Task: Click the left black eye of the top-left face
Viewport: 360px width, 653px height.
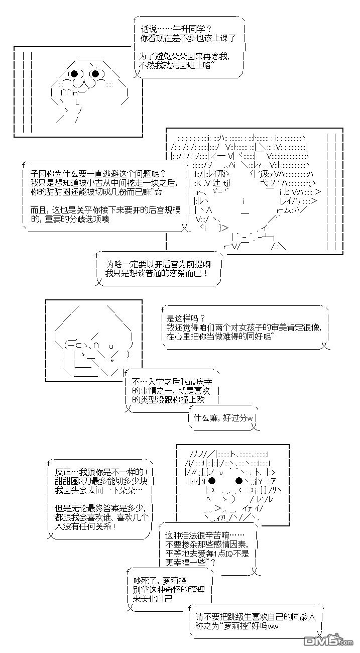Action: click(x=74, y=74)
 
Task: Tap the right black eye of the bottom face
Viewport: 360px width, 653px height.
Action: click(x=238, y=481)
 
